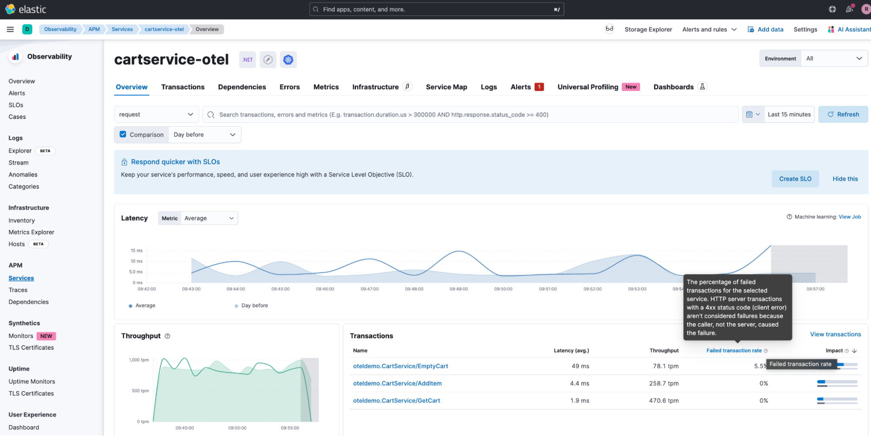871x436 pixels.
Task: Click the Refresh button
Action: (843, 115)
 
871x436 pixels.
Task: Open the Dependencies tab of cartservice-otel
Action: (242, 87)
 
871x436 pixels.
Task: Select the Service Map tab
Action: (446, 87)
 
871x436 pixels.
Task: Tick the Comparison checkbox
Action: (123, 135)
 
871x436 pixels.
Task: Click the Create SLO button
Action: (795, 179)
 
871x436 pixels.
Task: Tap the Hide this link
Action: (845, 179)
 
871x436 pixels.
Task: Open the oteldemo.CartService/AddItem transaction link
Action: (397, 383)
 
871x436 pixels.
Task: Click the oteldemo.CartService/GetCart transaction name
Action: (397, 401)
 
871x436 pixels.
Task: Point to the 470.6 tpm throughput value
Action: (664, 401)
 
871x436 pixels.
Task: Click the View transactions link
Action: (835, 335)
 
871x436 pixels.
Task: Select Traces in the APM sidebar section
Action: (18, 290)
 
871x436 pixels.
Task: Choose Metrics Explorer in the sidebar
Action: (31, 232)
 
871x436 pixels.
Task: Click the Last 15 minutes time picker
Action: (789, 115)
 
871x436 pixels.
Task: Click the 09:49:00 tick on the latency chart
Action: (459, 289)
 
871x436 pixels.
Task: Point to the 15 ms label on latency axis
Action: (136, 250)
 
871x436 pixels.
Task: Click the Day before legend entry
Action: (254, 306)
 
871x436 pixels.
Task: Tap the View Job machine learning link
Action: (850, 217)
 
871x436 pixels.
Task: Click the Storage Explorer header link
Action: (648, 30)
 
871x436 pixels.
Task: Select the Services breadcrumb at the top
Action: (122, 30)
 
